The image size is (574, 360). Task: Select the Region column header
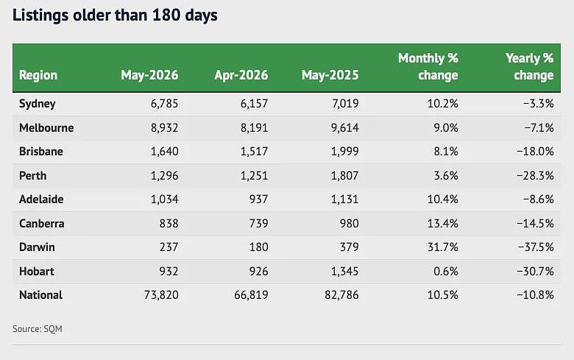click(38, 75)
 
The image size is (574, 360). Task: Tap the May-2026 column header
click(149, 75)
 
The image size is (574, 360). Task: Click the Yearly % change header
click(529, 66)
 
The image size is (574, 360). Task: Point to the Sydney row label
click(37, 104)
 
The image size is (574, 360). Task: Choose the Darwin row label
click(37, 247)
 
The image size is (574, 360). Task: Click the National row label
click(40, 294)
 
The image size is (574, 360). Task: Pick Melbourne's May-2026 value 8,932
click(164, 128)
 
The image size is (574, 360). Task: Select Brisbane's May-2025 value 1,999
click(345, 152)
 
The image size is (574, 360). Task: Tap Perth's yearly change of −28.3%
click(535, 176)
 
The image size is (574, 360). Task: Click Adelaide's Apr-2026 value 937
click(258, 200)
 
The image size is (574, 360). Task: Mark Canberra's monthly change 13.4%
click(442, 223)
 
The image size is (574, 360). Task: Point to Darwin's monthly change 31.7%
click(442, 247)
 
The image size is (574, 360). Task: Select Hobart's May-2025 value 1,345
click(345, 272)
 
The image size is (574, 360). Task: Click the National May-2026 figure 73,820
click(161, 295)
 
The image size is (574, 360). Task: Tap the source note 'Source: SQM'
click(38, 329)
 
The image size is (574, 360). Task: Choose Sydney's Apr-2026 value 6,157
click(254, 104)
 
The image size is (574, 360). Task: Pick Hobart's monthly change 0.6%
click(445, 272)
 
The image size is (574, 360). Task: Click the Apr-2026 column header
click(241, 75)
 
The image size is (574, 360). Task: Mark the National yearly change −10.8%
click(535, 295)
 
